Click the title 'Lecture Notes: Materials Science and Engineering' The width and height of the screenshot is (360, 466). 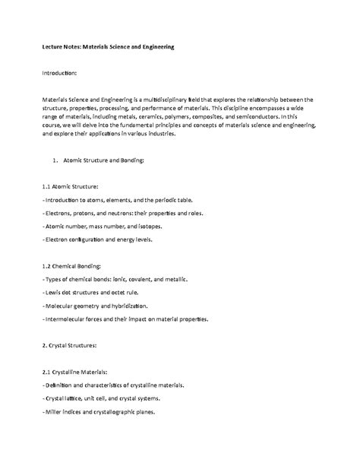point(108,46)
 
